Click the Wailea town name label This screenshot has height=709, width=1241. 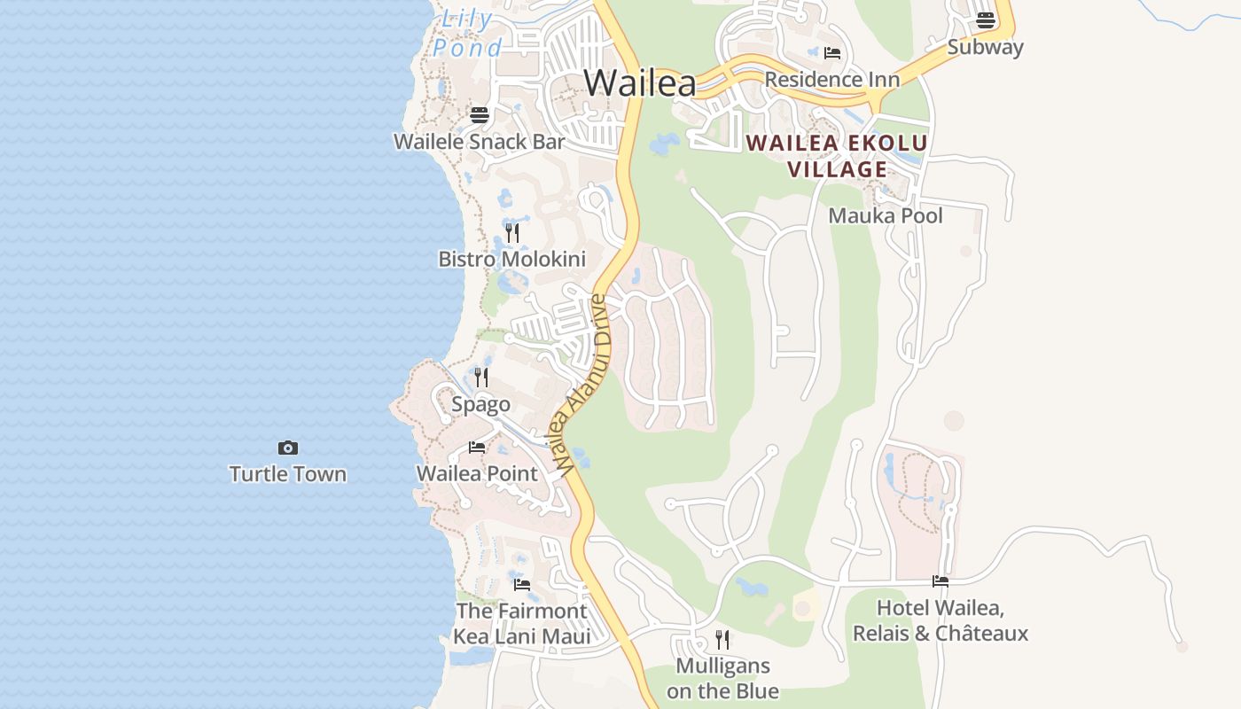(x=640, y=83)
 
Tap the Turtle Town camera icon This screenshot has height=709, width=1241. (x=288, y=448)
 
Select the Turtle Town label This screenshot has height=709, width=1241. (x=288, y=474)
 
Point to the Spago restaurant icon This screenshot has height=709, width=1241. (x=481, y=378)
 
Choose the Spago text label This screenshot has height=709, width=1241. (x=481, y=405)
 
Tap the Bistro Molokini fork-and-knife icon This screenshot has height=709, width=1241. (x=512, y=233)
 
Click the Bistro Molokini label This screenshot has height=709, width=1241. (x=512, y=260)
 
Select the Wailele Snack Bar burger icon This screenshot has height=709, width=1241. (x=480, y=114)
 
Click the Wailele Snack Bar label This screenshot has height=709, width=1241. (x=480, y=142)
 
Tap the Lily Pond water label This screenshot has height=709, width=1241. (x=467, y=33)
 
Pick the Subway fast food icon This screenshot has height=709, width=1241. (x=986, y=20)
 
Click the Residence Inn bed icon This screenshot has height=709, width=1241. (x=832, y=53)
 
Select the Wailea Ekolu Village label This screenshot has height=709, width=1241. (x=837, y=156)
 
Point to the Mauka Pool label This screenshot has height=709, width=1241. (x=886, y=216)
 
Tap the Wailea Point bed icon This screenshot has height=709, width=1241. (x=477, y=448)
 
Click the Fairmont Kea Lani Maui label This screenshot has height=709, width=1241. (x=521, y=624)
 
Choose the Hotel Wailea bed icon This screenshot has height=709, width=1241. (x=941, y=581)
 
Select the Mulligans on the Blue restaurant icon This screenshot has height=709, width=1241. (x=722, y=639)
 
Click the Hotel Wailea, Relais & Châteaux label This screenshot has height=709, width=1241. (x=941, y=621)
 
